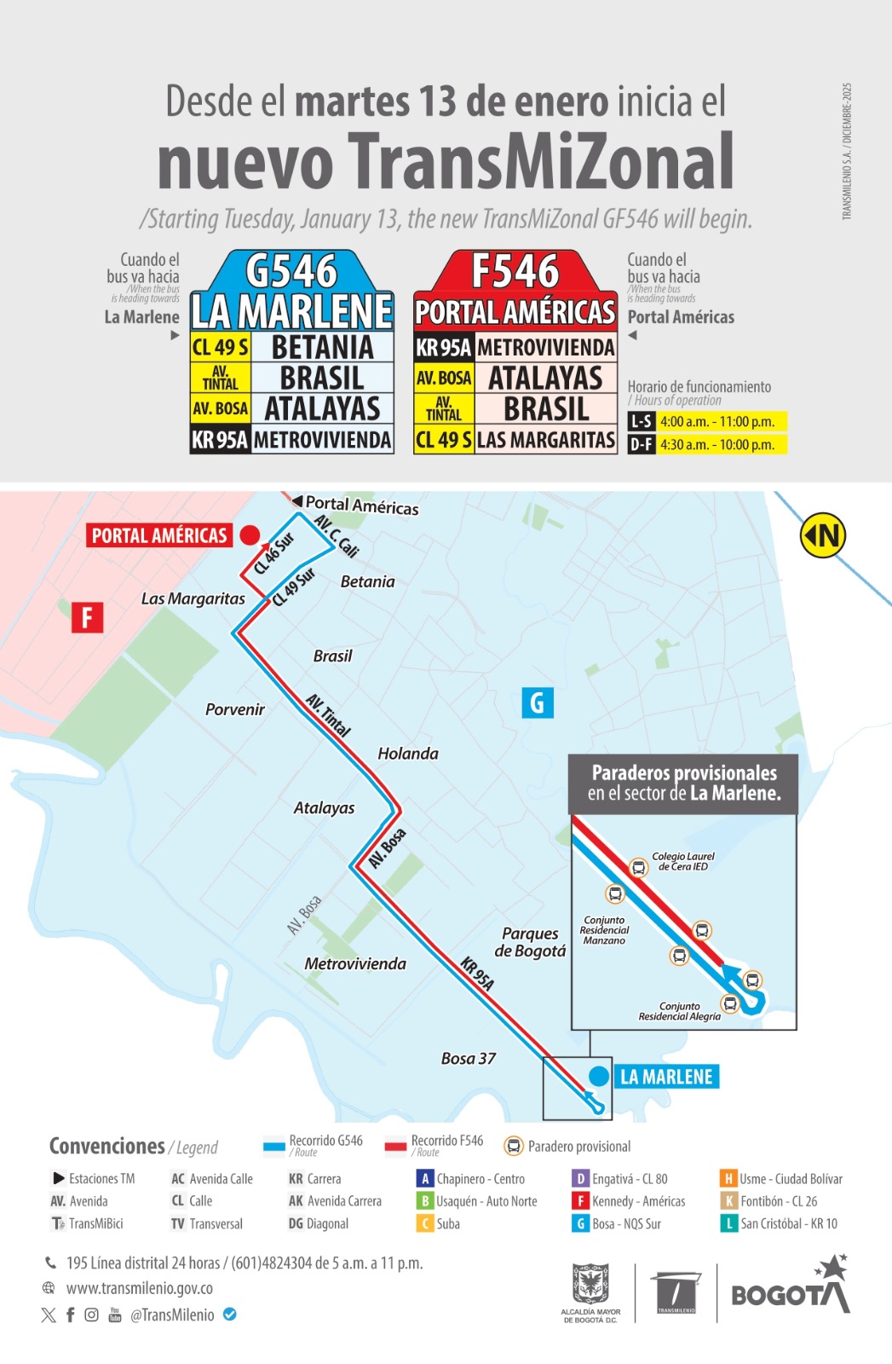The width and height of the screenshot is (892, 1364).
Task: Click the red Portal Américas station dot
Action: point(250,535)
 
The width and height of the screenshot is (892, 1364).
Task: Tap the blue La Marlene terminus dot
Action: point(599,1076)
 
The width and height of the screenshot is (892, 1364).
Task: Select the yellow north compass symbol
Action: point(822,536)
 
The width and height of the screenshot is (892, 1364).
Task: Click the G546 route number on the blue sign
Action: point(291,272)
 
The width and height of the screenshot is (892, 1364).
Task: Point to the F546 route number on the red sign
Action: point(515,272)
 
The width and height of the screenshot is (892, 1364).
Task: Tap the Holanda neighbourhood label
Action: point(408,754)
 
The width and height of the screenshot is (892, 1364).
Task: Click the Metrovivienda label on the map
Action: point(355,964)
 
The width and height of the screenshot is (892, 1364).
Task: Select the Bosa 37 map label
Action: point(469,1059)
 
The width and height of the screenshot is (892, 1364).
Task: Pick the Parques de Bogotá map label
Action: point(530,942)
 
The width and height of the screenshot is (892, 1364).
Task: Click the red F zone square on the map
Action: point(87,617)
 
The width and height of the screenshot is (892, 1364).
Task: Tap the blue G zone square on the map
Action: point(537,702)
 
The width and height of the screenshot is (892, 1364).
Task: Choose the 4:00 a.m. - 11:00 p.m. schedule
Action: point(717,421)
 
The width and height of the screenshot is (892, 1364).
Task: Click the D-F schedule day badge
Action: point(641,444)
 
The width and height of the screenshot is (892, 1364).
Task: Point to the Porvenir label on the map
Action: point(235,709)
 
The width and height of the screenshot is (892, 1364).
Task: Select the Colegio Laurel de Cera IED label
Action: point(683,861)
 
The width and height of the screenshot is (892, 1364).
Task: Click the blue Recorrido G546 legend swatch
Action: point(274,1147)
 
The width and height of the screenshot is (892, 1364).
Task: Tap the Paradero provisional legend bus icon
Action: point(514,1147)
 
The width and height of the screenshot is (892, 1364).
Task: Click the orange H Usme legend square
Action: point(728,1179)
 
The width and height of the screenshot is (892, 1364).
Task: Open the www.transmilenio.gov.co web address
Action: point(140,1288)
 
